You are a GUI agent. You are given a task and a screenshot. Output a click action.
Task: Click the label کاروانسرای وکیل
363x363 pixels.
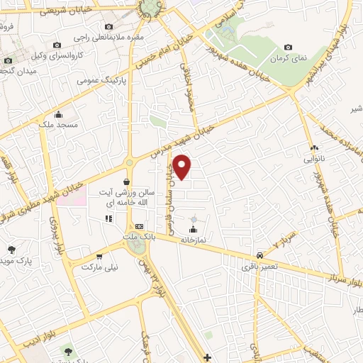pos(80,55)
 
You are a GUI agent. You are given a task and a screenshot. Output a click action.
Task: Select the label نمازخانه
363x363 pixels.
pos(192,240)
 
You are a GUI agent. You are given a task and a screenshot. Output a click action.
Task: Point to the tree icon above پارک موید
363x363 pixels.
pos(12,249)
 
